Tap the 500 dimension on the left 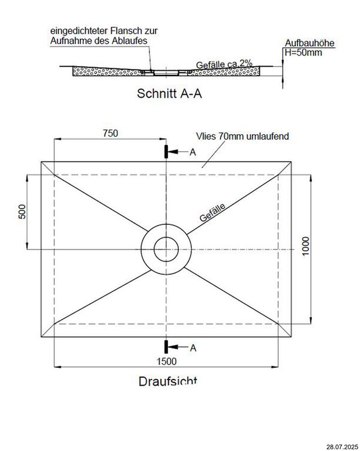point(22,214)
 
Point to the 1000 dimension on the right point(306,246)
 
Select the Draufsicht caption point(167,381)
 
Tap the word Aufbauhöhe point(310,44)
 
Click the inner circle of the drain point(165,248)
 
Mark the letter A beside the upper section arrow point(193,152)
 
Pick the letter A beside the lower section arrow point(193,347)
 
